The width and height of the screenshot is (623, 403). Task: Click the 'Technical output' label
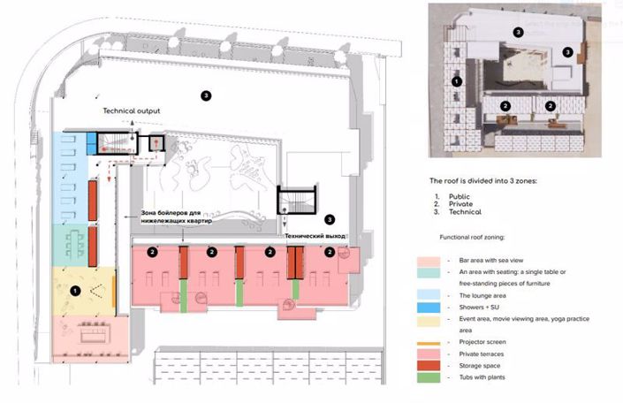pos(132,111)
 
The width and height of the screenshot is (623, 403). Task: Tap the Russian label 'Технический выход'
pos(315,237)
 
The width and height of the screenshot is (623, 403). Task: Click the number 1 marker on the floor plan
pos(75,289)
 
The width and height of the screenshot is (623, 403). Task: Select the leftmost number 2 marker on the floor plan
pos(153,252)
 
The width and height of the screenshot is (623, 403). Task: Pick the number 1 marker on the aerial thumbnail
pos(456,80)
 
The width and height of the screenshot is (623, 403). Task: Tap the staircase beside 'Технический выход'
pos(294,201)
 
